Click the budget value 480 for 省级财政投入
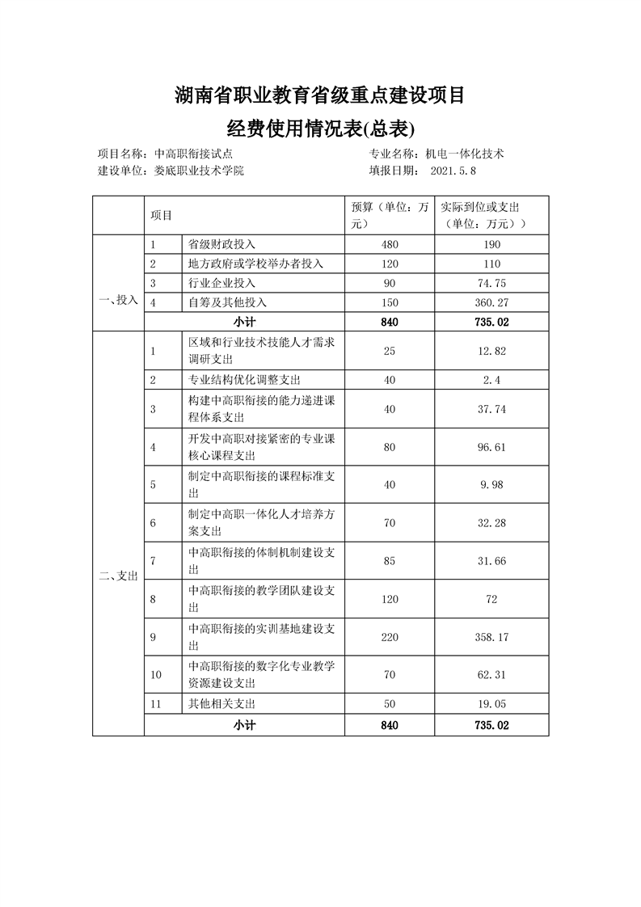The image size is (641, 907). pyautogui.click(x=389, y=244)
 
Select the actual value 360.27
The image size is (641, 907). pyautogui.click(x=491, y=302)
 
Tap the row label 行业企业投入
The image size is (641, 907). pyautogui.click(x=221, y=283)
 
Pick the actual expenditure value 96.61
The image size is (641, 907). pyautogui.click(x=491, y=446)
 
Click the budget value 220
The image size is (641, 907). pyautogui.click(x=389, y=637)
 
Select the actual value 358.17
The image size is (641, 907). pyautogui.click(x=491, y=637)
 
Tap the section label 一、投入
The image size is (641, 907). pyautogui.click(x=118, y=299)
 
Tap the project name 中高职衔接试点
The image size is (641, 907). pyautogui.click(x=194, y=153)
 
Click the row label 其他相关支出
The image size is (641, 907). pyautogui.click(x=221, y=703)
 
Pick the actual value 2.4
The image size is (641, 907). pyautogui.click(x=491, y=379)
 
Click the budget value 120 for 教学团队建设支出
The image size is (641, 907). pyautogui.click(x=389, y=599)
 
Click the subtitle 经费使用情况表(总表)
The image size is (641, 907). pyautogui.click(x=320, y=129)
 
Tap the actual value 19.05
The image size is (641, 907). pyautogui.click(x=491, y=703)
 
